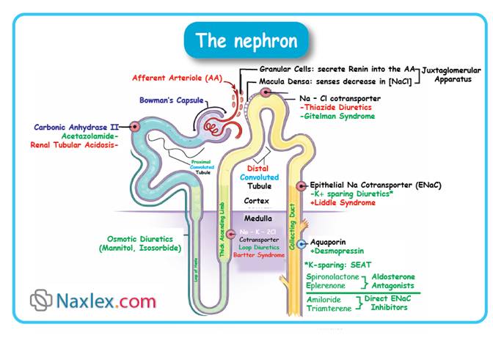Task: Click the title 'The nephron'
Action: point(246,40)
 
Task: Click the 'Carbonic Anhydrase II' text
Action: point(80,126)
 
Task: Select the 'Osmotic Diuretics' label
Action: point(137,238)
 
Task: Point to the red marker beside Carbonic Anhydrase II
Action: point(134,127)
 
